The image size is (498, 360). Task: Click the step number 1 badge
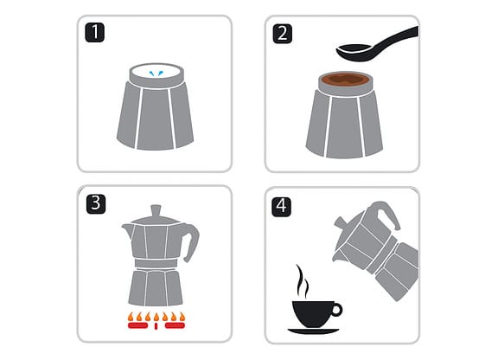[x=94, y=32]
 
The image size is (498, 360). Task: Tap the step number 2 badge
[x=283, y=34]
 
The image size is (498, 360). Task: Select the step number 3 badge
[x=96, y=204]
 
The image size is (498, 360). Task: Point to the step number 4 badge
[x=281, y=207]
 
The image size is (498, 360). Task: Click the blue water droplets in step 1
[x=156, y=74]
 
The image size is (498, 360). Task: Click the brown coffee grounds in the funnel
[x=345, y=79]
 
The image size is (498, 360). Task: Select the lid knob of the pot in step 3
[x=156, y=210]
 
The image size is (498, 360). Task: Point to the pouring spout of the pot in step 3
[x=126, y=230]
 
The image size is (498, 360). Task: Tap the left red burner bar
[x=137, y=325]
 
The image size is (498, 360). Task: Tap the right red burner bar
[x=175, y=325]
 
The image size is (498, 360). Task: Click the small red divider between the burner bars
[x=156, y=326]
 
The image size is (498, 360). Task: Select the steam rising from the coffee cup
[x=303, y=281]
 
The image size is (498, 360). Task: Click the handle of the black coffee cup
[x=336, y=310]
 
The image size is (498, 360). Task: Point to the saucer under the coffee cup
[x=313, y=331]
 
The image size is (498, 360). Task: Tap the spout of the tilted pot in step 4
[x=338, y=256]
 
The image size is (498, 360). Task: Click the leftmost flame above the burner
[x=131, y=317]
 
